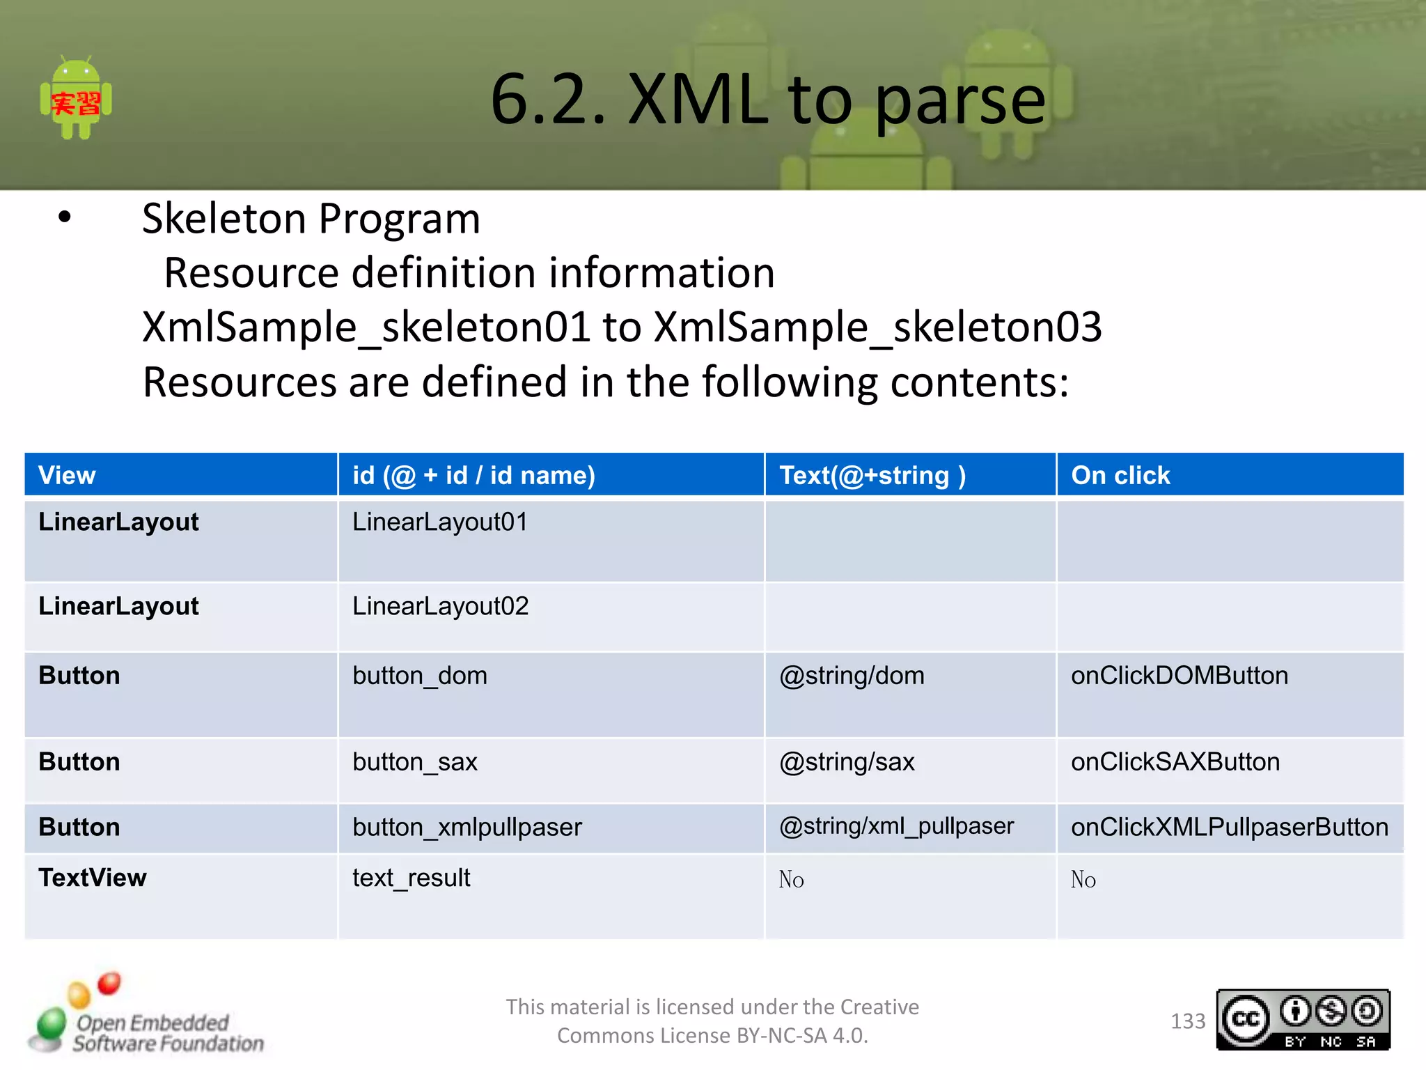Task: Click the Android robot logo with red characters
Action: pos(76,100)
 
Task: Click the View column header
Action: pos(67,476)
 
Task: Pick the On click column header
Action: pos(1120,476)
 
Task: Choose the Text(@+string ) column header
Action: pos(872,476)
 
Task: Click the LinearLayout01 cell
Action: pos(440,522)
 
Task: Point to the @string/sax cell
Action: pos(847,762)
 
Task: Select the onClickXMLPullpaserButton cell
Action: pos(1229,828)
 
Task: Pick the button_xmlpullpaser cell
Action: pos(467,828)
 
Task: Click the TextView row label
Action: pos(93,878)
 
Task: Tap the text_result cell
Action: pos(411,878)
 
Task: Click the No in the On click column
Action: pos(1083,880)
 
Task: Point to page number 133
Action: pos(1187,1021)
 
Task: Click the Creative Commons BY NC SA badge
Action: pos(1303,1020)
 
